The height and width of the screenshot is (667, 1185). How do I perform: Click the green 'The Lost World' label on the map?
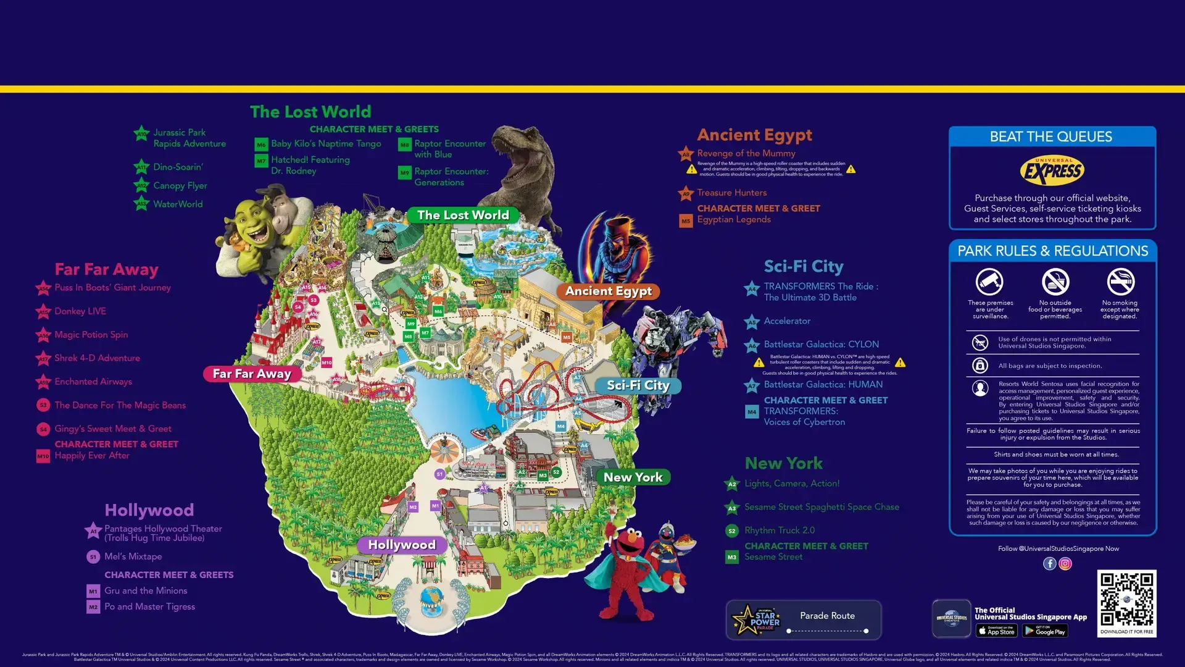tap(463, 215)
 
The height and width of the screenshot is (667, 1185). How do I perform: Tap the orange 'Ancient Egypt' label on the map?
tap(609, 291)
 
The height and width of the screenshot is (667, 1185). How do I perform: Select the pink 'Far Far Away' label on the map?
tap(252, 374)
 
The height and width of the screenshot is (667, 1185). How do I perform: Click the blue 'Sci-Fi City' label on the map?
tap(638, 385)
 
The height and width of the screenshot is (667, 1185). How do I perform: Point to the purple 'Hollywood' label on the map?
tap(402, 545)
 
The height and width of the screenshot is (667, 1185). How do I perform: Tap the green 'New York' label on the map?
tap(633, 477)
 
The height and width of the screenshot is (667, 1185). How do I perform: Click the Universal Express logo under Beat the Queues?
tap(1052, 171)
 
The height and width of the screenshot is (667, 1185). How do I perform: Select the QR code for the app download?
tap(1126, 598)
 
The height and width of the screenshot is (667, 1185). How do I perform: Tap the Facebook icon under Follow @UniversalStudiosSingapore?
tap(1049, 563)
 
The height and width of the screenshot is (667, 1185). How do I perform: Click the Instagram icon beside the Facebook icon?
tap(1065, 563)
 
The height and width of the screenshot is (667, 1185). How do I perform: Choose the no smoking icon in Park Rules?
tap(1120, 282)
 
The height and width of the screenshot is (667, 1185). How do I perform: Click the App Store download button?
tap(996, 631)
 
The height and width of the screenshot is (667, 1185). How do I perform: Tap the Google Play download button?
tap(1045, 631)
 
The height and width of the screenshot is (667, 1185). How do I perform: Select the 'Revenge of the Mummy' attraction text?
tap(746, 153)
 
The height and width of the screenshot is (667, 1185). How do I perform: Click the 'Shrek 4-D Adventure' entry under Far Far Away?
tap(97, 358)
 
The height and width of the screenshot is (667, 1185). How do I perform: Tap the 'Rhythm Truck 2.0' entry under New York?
tap(779, 531)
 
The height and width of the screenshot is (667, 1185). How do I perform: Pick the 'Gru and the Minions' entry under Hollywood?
tap(146, 591)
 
